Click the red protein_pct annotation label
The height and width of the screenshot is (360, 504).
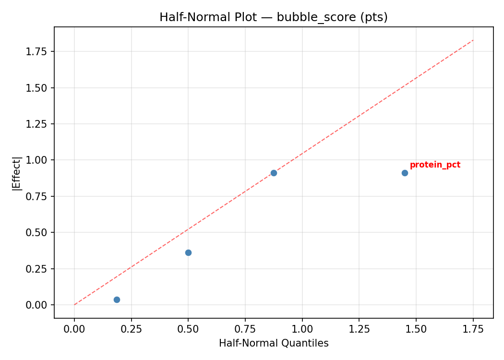(435, 165)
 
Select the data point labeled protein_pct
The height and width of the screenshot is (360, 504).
(405, 173)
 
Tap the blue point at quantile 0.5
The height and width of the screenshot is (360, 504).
(188, 252)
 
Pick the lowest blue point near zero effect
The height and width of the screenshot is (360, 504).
(117, 300)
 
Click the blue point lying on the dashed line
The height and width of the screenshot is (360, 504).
(274, 173)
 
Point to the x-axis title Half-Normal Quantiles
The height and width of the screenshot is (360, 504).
(274, 343)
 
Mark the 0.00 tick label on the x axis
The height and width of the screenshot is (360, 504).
(74, 329)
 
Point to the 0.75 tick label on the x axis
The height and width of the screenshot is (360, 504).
(245, 329)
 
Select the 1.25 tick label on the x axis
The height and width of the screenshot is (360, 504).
(359, 329)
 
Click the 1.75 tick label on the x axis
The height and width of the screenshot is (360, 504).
(473, 329)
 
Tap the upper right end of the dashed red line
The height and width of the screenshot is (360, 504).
(473, 40)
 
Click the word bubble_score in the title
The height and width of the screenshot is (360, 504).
(307, 17)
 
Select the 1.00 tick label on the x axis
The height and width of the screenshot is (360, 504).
(302, 329)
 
